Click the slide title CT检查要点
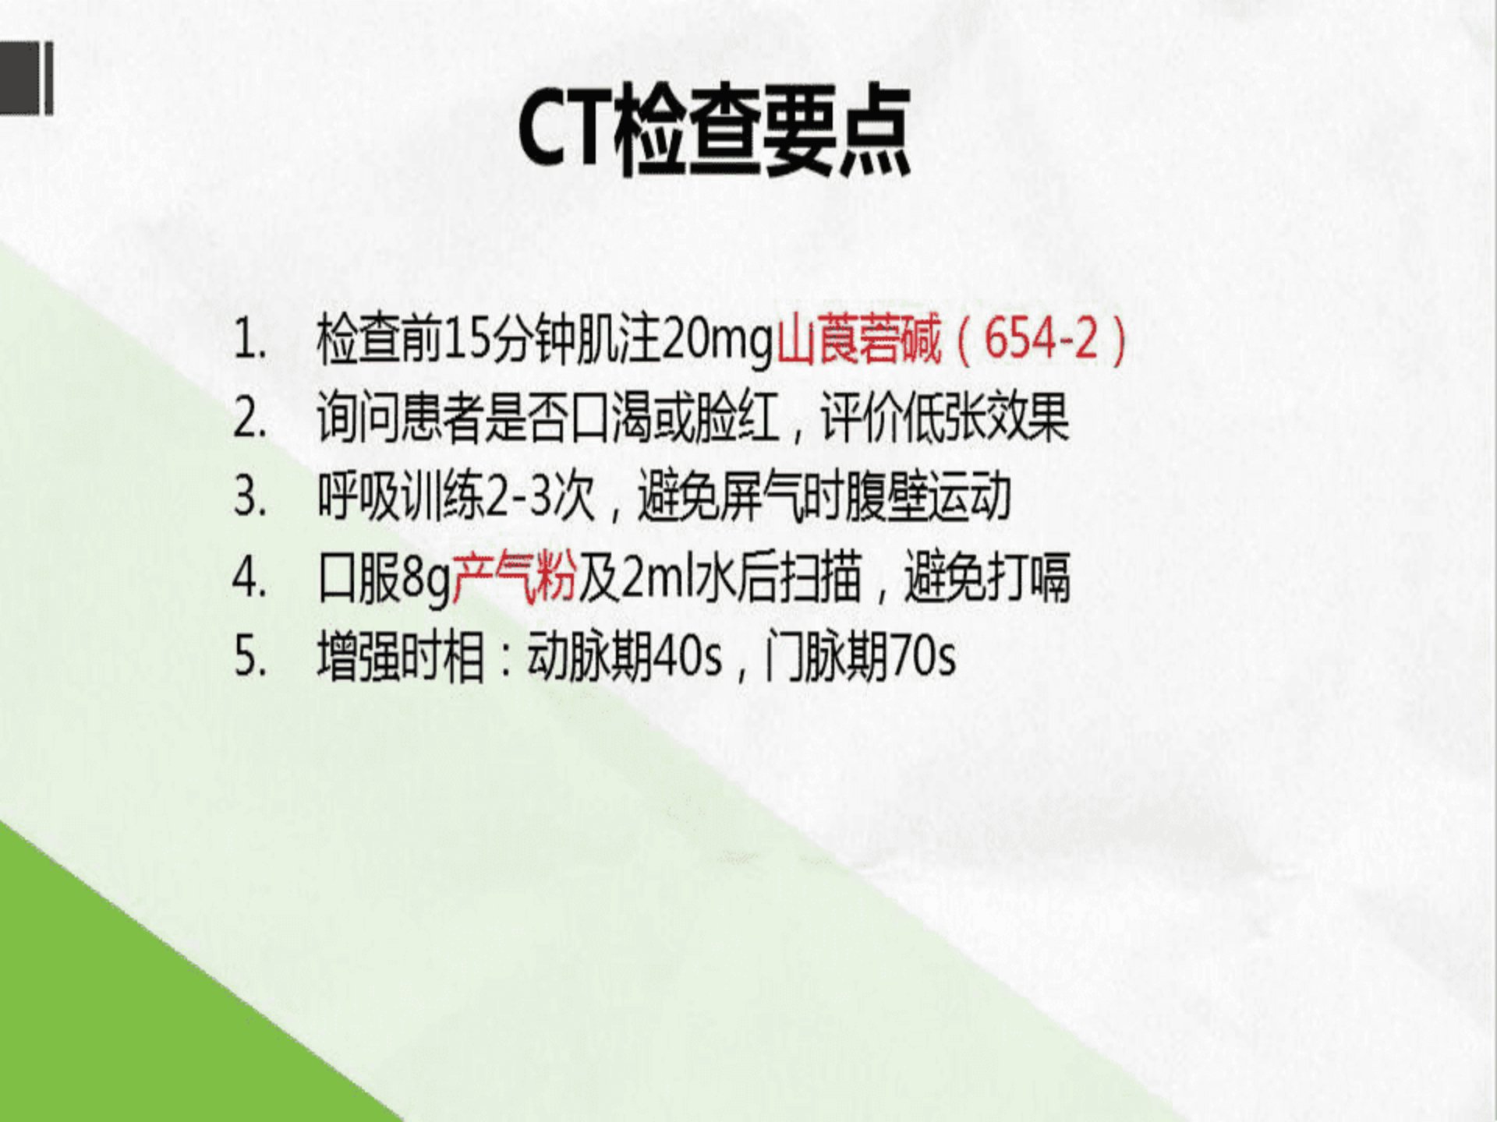(714, 131)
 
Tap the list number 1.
(249, 340)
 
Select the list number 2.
(249, 419)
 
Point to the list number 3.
(249, 498)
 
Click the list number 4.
(249, 578)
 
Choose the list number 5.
(249, 657)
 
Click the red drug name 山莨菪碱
(859, 340)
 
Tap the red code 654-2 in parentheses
(1041, 340)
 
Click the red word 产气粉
(515, 578)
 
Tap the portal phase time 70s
(922, 657)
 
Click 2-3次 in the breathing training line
(540, 498)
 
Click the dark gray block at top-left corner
(26, 78)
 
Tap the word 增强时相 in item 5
(401, 657)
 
